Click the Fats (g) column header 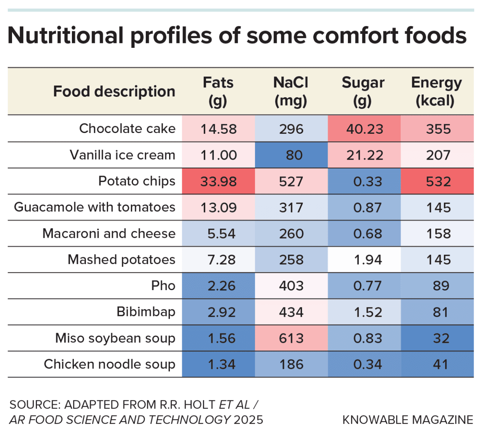(x=218, y=92)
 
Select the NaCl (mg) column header (x=291, y=92)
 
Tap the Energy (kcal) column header (x=436, y=92)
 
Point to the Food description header (x=114, y=92)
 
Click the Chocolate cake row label (x=127, y=128)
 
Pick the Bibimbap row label (x=146, y=312)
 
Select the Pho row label (x=163, y=286)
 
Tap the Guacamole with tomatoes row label (x=95, y=207)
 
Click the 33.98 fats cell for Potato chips (x=218, y=181)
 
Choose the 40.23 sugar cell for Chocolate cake (x=364, y=128)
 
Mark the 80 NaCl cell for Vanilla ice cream (x=291, y=155)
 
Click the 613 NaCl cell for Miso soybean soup (x=291, y=338)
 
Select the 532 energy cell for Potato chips (x=437, y=181)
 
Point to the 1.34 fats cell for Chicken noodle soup (x=218, y=364)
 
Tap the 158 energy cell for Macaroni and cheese (x=437, y=234)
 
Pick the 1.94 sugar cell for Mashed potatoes (x=364, y=260)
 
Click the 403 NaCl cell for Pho (x=291, y=286)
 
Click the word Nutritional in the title (x=66, y=35)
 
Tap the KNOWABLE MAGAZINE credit (x=408, y=420)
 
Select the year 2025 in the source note (x=248, y=420)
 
